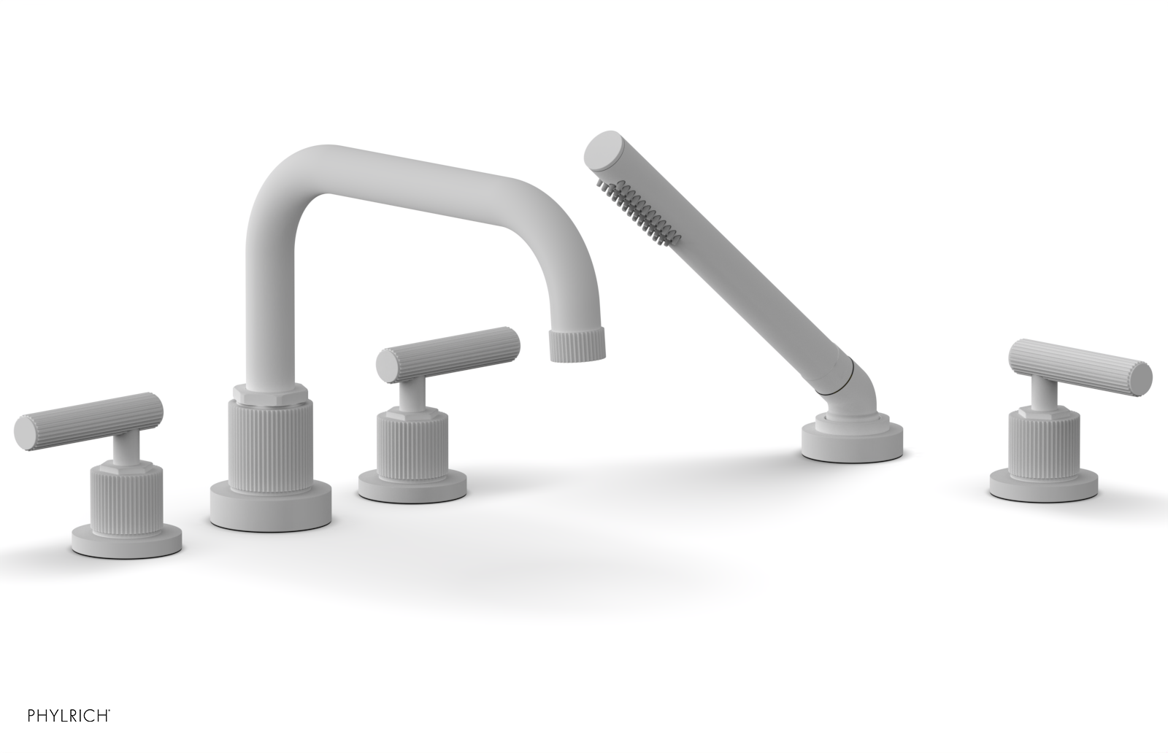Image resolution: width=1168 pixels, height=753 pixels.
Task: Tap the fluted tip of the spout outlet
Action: [x=577, y=344]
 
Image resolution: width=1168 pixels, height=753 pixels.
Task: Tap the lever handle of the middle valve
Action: [x=449, y=354]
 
